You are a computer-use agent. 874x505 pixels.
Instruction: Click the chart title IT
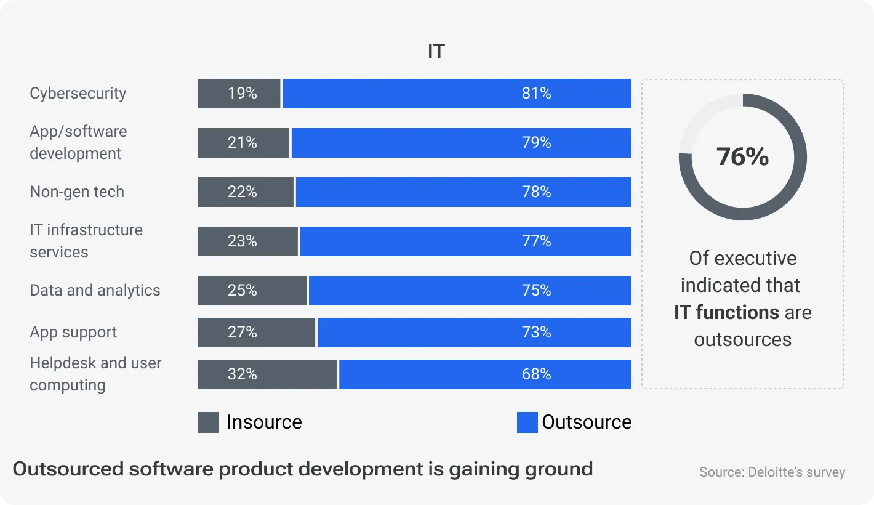click(436, 51)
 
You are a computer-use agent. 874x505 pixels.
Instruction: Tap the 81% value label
click(536, 94)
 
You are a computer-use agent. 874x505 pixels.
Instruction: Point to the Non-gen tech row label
click(77, 192)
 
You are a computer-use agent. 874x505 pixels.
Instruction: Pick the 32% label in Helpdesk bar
click(242, 374)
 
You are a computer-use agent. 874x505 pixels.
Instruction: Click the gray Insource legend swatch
click(209, 422)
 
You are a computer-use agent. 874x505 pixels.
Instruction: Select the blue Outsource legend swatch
click(527, 422)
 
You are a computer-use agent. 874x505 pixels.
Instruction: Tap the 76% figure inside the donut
click(742, 156)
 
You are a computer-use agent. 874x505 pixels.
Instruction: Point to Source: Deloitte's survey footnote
click(772, 472)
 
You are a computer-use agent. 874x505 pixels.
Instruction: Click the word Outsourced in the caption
click(68, 469)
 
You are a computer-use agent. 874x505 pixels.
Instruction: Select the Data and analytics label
click(95, 290)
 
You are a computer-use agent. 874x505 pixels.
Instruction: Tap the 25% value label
click(242, 291)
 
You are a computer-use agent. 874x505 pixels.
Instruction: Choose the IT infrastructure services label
click(86, 241)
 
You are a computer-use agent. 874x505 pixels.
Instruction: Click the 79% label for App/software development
click(536, 143)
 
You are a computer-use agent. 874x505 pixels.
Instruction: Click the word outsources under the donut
click(742, 339)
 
